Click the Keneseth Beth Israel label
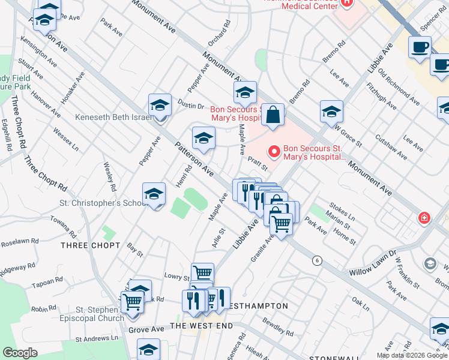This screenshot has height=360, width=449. pos(113,118)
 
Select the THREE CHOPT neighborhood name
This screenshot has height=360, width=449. pos(90,246)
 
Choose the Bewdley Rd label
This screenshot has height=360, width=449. pos(277,332)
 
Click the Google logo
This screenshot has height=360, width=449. pos(20,353)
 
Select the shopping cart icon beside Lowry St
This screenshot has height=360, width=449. pos(202,274)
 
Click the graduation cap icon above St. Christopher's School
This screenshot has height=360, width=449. pos(154,194)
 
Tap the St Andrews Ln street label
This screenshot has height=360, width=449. pos(95,340)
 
